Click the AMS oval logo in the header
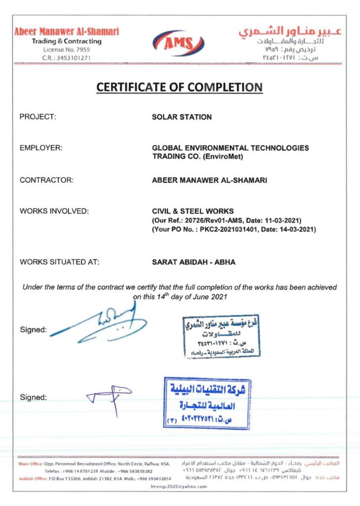point(179,43)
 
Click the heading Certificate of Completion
point(179,87)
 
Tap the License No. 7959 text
point(67,50)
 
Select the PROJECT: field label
point(38,117)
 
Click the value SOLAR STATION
point(182,117)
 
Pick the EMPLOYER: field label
point(41,148)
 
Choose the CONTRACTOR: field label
point(46,180)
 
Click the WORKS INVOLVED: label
point(54,211)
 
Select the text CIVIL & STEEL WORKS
point(193,211)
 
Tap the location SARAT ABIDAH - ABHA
point(194,262)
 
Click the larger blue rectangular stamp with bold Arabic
point(207,403)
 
